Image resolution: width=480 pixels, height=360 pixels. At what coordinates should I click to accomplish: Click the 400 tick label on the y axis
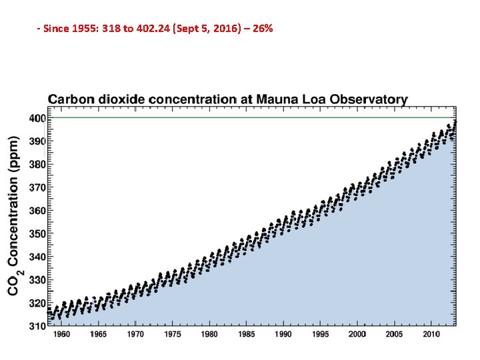(37, 118)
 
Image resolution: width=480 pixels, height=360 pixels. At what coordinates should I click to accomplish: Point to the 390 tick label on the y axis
(37, 141)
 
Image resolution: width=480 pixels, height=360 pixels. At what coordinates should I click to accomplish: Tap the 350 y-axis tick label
(37, 234)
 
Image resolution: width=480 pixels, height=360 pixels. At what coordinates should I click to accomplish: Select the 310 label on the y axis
(37, 327)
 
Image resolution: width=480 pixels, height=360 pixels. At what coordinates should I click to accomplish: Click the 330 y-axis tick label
(37, 281)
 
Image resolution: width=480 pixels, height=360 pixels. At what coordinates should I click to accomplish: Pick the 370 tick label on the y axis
(37, 188)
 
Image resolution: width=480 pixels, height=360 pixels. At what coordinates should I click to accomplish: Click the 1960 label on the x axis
(61, 335)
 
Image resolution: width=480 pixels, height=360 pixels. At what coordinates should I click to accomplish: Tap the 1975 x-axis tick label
(173, 335)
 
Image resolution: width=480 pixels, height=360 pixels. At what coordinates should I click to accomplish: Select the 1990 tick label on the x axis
(283, 335)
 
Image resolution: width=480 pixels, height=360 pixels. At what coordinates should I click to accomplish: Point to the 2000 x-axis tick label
(357, 335)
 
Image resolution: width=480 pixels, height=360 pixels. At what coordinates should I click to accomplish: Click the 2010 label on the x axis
(431, 335)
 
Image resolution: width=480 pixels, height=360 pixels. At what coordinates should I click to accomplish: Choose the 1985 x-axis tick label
(247, 335)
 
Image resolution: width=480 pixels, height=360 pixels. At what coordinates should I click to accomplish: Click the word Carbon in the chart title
(71, 99)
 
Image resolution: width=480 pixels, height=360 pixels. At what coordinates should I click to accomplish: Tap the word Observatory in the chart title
(371, 99)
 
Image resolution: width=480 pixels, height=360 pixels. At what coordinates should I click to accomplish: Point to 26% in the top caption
(263, 29)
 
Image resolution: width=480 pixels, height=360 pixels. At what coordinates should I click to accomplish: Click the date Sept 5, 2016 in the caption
(209, 29)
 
